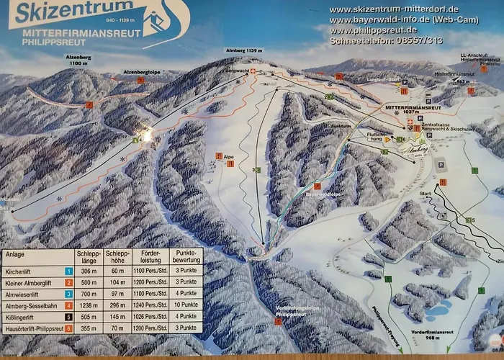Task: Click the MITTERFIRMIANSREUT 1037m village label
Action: point(413,106)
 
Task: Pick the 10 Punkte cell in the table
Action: point(186,305)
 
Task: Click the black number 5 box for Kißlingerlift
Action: point(68,317)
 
